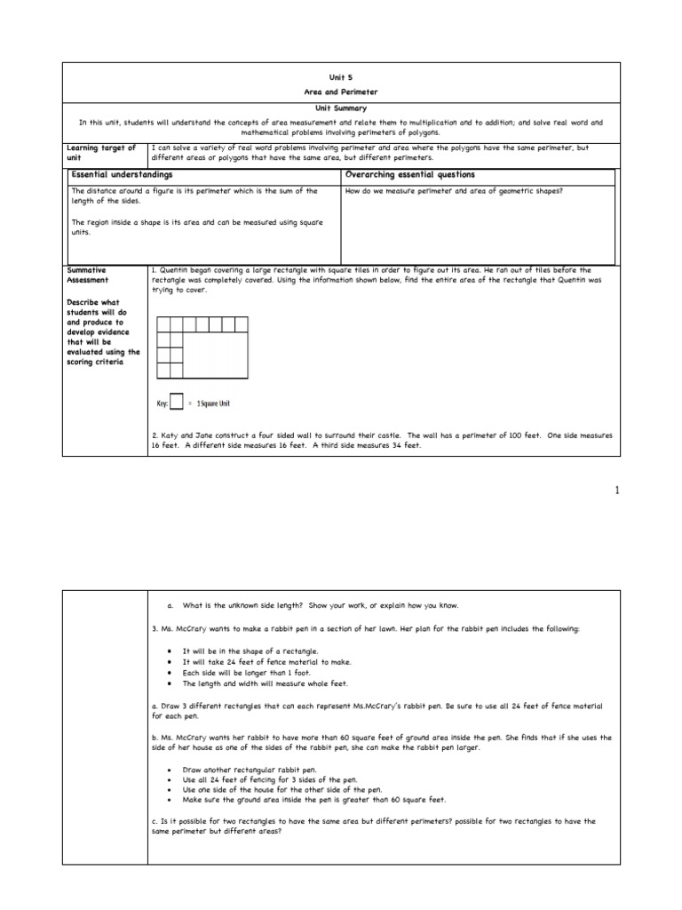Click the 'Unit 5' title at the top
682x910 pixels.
(x=341, y=78)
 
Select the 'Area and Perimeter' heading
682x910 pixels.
(x=341, y=92)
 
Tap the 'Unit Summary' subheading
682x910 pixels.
(x=341, y=108)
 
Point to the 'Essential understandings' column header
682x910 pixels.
(x=122, y=175)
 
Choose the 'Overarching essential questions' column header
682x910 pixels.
(x=409, y=175)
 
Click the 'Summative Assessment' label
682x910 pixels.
(x=88, y=274)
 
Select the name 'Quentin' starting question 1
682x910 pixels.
(x=176, y=269)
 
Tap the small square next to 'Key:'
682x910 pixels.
(x=177, y=403)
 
